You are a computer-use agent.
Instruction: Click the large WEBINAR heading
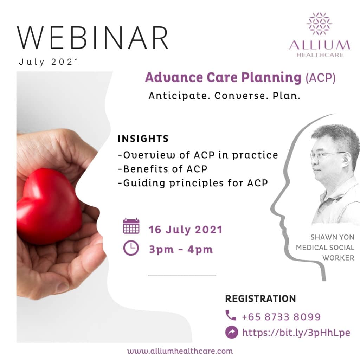click(x=92, y=38)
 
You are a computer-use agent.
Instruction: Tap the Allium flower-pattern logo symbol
click(x=319, y=24)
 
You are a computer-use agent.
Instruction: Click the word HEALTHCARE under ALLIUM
click(x=320, y=55)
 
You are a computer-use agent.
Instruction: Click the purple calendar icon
click(x=131, y=226)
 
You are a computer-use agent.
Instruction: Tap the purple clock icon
click(x=131, y=248)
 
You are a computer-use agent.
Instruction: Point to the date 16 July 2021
click(x=186, y=230)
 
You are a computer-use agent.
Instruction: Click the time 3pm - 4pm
click(x=181, y=249)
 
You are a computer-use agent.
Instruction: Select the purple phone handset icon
click(x=231, y=315)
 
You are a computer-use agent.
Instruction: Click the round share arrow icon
click(x=232, y=332)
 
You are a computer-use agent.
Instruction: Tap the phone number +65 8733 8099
click(x=281, y=317)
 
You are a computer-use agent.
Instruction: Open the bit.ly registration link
click(x=296, y=333)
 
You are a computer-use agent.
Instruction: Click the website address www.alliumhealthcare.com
click(x=180, y=351)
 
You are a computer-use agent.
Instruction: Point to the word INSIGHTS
click(x=143, y=139)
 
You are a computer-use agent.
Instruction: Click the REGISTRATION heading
click(x=261, y=299)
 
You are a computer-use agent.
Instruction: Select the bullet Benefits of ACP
click(x=162, y=169)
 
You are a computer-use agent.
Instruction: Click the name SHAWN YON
click(x=333, y=237)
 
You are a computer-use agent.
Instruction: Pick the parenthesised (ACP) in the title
click(x=321, y=78)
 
